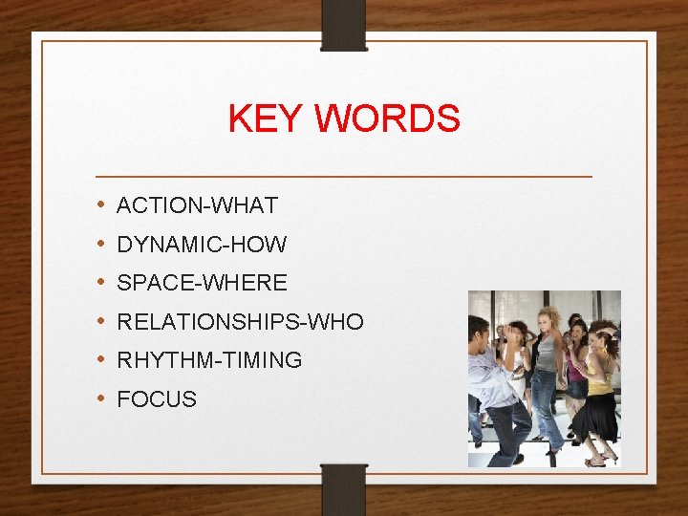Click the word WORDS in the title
tap(387, 119)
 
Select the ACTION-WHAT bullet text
tap(197, 205)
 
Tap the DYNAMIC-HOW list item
tap(202, 245)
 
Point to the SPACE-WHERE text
tap(202, 283)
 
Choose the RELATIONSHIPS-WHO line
tap(240, 322)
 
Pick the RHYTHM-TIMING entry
tap(209, 360)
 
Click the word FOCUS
tap(157, 399)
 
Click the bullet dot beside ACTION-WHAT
tap(101, 205)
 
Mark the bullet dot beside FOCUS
tap(101, 399)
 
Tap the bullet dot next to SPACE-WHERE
tap(101, 283)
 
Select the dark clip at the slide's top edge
tap(344, 24)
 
